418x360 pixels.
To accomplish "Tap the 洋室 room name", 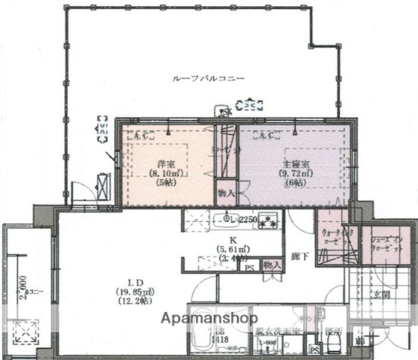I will pyautogui.click(x=166, y=163).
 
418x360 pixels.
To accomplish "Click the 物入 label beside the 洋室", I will pyautogui.click(x=226, y=193).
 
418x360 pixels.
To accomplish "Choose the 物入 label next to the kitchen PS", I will pyautogui.click(x=272, y=265).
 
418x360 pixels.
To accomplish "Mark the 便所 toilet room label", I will pyautogui.click(x=332, y=331).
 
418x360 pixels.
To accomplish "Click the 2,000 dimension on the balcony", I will pyautogui.click(x=25, y=286).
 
